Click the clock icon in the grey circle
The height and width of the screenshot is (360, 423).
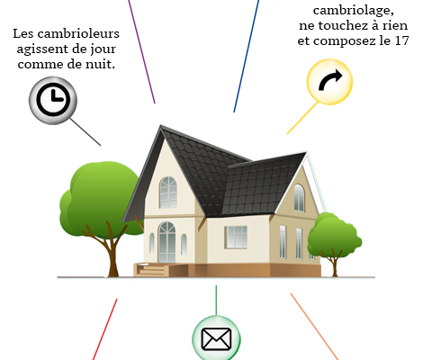point(53,100)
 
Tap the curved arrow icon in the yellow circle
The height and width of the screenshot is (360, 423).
point(330,80)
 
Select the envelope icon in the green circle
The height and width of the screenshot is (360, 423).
point(216,339)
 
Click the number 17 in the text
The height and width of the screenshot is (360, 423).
point(401,40)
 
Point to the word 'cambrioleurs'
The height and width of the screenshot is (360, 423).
point(78,33)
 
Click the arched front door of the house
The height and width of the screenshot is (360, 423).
point(166,242)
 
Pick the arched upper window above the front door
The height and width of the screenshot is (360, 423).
point(168,193)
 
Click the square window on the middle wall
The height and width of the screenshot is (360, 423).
point(236,237)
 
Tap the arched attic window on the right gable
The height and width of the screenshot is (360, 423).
point(299,198)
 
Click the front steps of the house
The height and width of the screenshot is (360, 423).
point(151,269)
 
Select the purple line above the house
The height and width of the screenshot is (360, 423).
point(141,51)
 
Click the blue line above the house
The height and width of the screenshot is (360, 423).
point(247,56)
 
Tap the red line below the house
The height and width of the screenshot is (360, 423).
point(105,329)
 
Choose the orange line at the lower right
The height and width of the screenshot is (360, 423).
point(314,327)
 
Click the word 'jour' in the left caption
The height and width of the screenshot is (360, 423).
point(103,49)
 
